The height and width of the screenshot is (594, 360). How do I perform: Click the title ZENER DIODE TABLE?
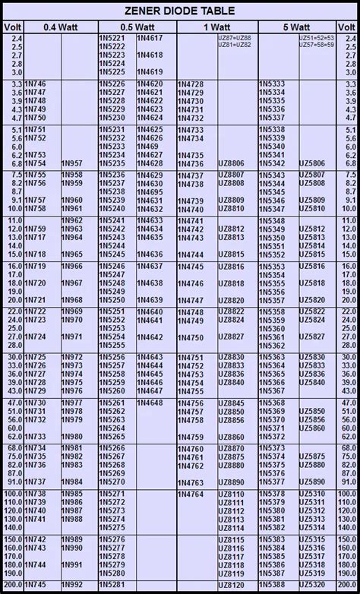coord(180,10)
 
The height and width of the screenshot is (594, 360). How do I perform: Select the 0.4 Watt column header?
coord(60,27)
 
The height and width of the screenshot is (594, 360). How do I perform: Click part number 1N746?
coord(35,83)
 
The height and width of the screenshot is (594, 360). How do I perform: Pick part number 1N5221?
coord(112,37)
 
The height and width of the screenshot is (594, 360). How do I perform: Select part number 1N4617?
coord(150,37)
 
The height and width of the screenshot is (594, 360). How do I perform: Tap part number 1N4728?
coord(190,83)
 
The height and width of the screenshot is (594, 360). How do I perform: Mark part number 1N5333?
coord(272,83)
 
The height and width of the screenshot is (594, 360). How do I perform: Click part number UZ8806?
coord(231,163)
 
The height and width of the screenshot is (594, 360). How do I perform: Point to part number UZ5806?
coord(311,163)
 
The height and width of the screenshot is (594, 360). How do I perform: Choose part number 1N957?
coord(72,163)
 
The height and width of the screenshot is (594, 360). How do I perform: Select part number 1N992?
coord(72,584)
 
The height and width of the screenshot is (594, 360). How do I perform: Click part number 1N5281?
coord(112,584)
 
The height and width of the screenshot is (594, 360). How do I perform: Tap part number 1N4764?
coord(190,494)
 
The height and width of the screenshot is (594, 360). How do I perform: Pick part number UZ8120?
coord(231,584)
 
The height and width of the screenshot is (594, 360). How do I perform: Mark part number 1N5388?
coord(272,584)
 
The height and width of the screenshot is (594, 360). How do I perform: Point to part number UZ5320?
coord(311,584)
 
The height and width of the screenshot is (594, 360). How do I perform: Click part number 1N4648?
coord(150,403)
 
